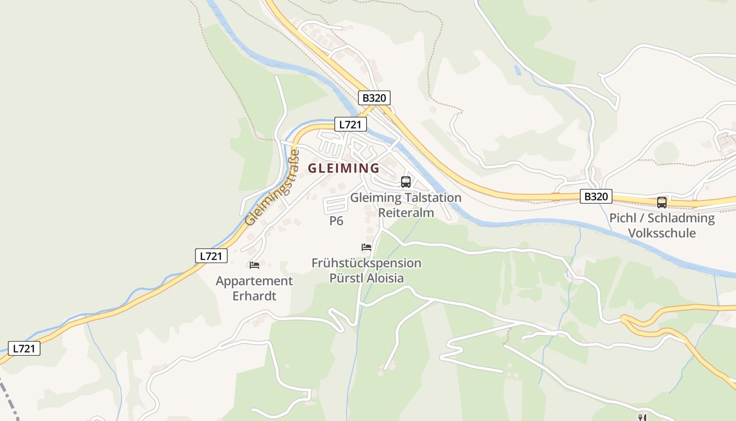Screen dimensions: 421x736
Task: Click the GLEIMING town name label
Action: tap(343, 168)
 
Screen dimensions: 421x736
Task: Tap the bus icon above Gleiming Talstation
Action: tap(405, 182)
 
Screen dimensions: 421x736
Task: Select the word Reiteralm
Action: tap(406, 213)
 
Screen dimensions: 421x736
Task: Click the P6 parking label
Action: tap(336, 221)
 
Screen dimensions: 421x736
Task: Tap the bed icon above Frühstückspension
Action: tap(366, 247)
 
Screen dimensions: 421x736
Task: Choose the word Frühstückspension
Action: tap(366, 263)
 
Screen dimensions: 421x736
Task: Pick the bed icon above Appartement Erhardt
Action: tap(254, 265)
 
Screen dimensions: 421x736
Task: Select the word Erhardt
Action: tap(254, 296)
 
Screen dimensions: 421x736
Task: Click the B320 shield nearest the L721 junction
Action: tap(374, 98)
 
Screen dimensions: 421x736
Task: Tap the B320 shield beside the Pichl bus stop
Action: tap(596, 197)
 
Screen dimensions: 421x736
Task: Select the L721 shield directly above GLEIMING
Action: tap(351, 125)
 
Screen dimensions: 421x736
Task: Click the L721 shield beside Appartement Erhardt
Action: tap(211, 256)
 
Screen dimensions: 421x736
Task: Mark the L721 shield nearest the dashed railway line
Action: tap(24, 348)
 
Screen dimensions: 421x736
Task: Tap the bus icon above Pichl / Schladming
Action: tap(661, 202)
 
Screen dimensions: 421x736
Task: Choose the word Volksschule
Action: tap(662, 233)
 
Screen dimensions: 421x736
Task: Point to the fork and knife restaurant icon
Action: tap(641, 417)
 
